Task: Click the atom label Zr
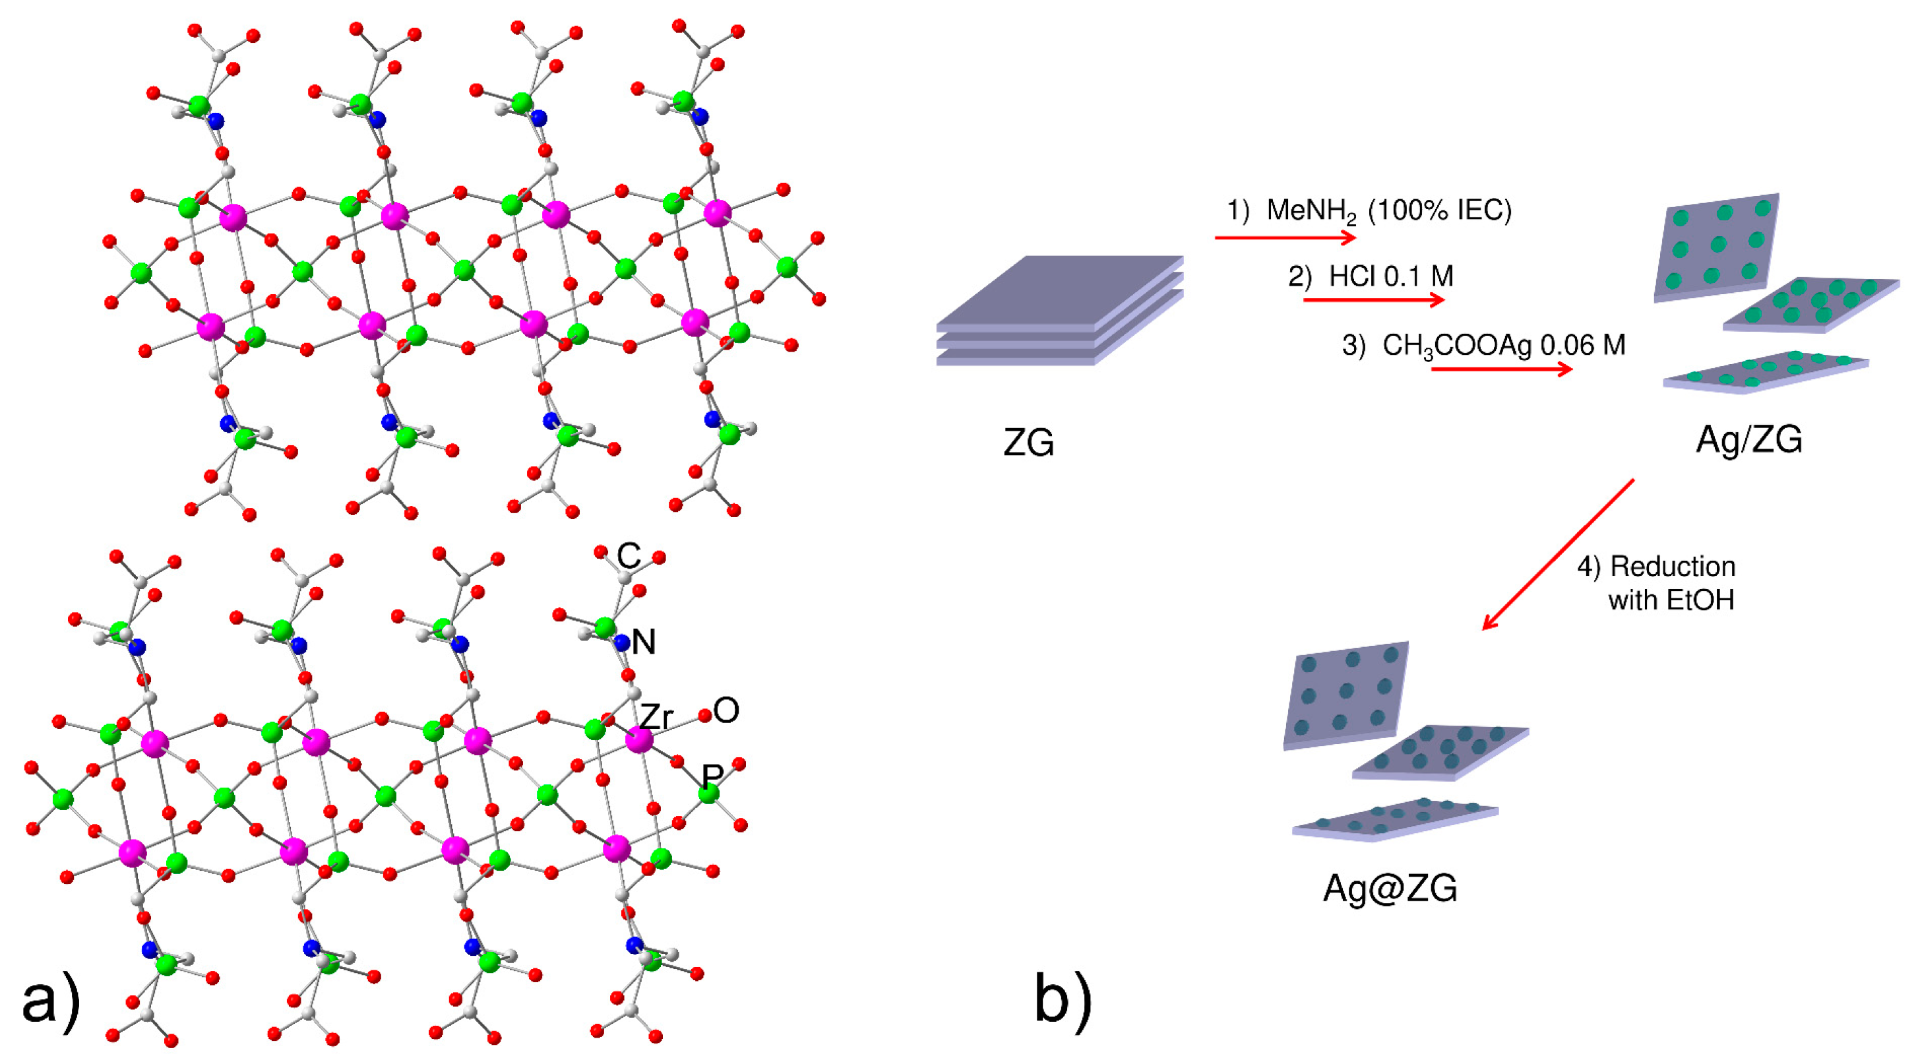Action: point(657,717)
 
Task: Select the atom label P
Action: point(712,776)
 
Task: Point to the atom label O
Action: point(726,710)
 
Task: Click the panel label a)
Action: point(51,1001)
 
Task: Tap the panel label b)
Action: point(1063,1001)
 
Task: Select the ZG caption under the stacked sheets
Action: point(1029,443)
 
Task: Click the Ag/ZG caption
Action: point(1748,439)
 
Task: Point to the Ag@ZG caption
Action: point(1390,888)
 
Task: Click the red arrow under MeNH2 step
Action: point(1285,237)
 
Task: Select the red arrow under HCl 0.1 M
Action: point(1373,300)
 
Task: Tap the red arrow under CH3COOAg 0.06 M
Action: point(1502,368)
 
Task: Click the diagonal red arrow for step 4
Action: point(1559,554)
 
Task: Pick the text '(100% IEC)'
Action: point(1440,210)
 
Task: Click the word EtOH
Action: point(1700,600)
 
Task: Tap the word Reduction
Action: point(1673,567)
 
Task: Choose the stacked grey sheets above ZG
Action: point(1060,311)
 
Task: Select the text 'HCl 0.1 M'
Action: point(1391,277)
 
